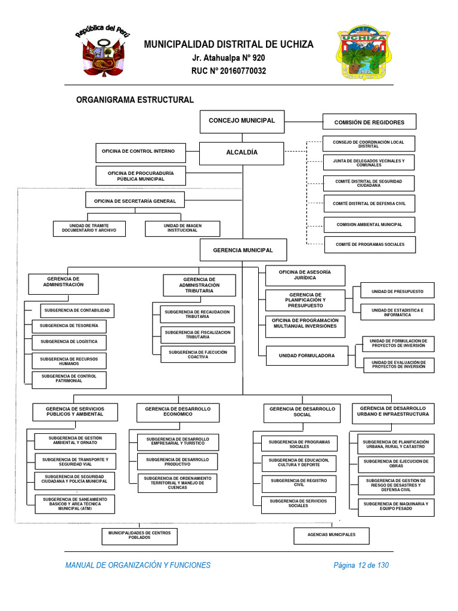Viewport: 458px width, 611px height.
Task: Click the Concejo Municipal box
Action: pos(242,121)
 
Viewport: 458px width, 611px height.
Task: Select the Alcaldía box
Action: pos(242,153)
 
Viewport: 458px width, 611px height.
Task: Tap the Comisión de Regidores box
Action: pos(369,122)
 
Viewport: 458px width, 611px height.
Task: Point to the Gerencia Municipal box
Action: pos(243,250)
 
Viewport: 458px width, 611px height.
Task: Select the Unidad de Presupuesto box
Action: pos(397,291)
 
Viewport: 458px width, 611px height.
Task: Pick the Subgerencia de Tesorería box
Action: pos(69,326)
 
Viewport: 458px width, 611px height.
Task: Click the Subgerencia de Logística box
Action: pos(69,342)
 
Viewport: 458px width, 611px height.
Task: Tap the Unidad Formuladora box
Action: pos(307,356)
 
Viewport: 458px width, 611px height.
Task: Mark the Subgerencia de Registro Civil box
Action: pos(299,483)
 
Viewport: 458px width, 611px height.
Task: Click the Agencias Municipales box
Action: pos(331,535)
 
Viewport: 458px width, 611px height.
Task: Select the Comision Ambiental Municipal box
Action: pos(369,225)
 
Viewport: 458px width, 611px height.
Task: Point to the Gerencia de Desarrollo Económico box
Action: pos(178,412)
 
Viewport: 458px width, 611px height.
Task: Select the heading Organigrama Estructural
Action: pos(135,100)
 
